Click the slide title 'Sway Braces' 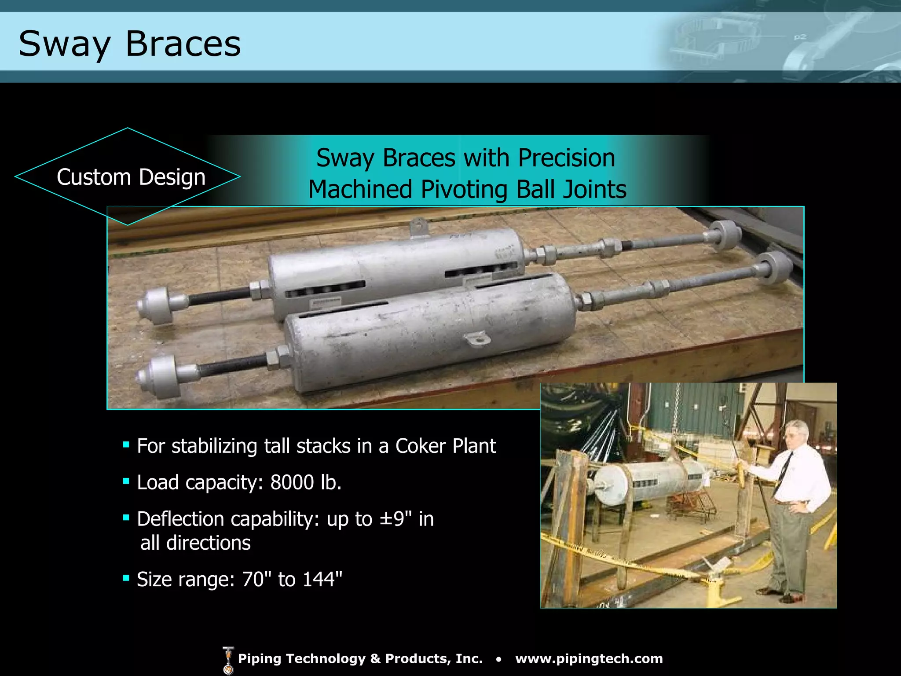click(130, 44)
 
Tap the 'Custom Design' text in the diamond click(131, 177)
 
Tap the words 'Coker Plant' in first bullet click(446, 446)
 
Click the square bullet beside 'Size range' click(126, 578)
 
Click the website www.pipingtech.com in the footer click(589, 658)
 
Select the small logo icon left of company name click(228, 660)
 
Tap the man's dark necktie click(785, 471)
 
